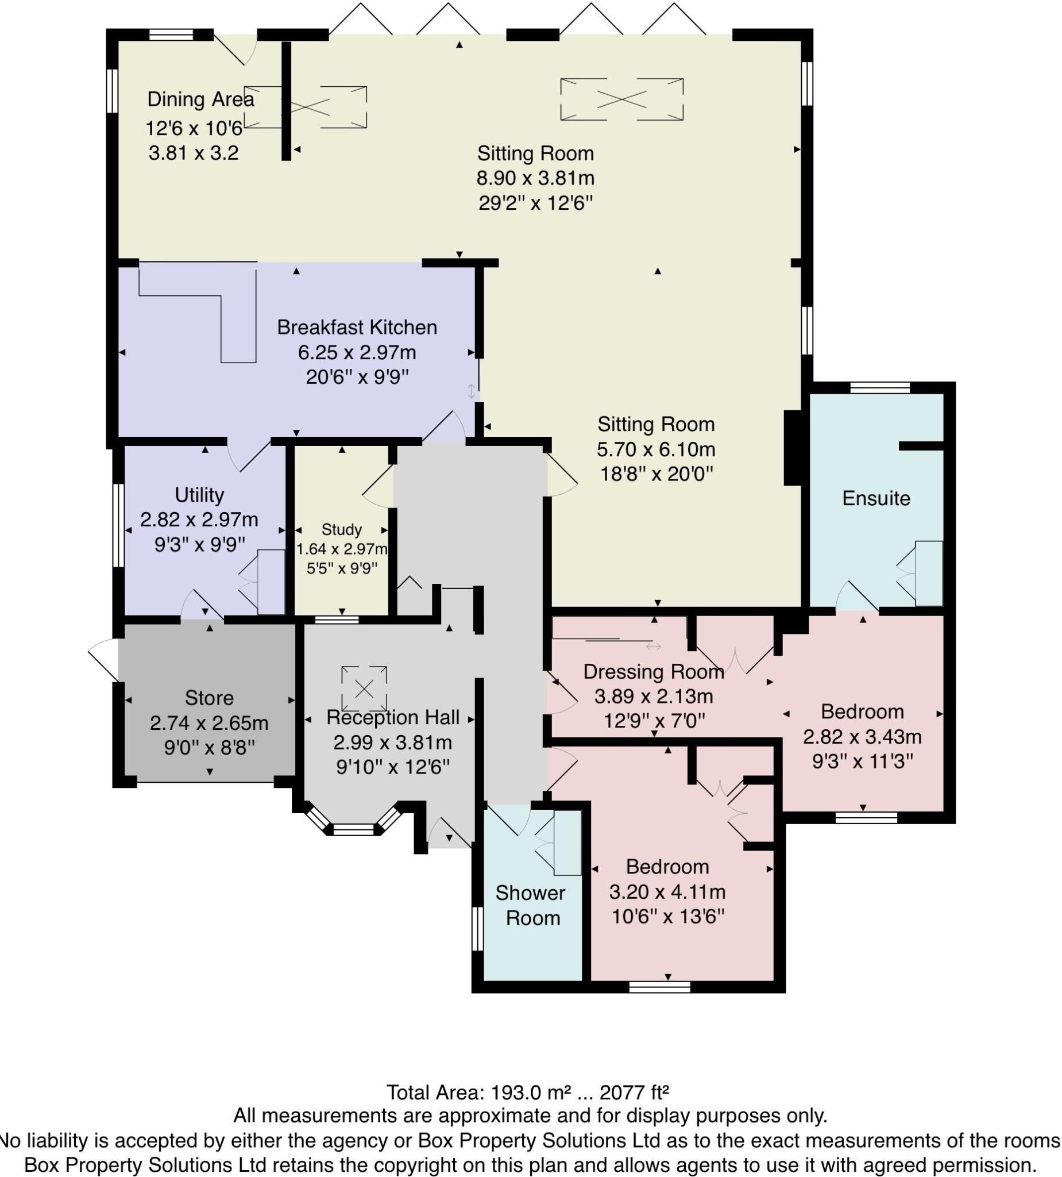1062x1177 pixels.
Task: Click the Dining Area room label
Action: tap(200, 99)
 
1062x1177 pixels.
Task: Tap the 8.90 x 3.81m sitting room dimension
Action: tap(535, 178)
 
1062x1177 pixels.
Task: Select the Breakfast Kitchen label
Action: tap(357, 327)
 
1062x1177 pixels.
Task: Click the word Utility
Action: tap(199, 494)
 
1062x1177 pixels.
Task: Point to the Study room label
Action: tap(341, 529)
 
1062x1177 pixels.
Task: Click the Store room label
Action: tap(209, 698)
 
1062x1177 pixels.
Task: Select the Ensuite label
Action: tap(876, 498)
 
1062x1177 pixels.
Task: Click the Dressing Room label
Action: tap(653, 671)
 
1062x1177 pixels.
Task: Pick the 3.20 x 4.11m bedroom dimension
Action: tap(667, 891)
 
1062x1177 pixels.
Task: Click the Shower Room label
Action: tap(531, 905)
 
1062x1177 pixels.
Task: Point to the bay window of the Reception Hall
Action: tap(353, 828)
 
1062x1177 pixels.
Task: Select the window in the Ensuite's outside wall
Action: tap(879, 388)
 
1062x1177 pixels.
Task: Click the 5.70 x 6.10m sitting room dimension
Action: tap(655, 449)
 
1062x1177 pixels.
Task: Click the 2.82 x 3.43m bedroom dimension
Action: tap(862, 737)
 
